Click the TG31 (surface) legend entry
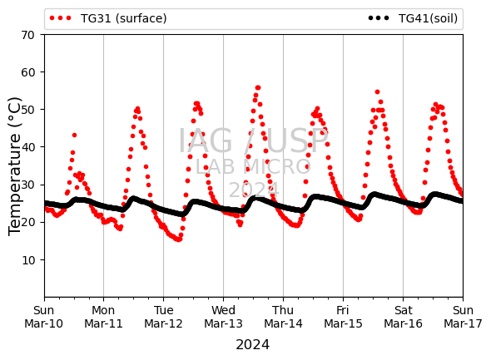[x=108, y=18]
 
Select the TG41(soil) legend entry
[x=413, y=18]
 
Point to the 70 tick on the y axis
[x=27, y=35]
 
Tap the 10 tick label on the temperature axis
[x=27, y=260]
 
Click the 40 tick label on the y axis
[x=27, y=147]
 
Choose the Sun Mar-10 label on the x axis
[x=44, y=317]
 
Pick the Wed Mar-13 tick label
[x=223, y=317]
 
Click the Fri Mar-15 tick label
[x=343, y=317]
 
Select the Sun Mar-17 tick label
[x=463, y=317]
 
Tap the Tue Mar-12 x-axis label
[x=163, y=317]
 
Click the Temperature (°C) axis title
[x=14, y=166]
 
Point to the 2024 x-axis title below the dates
[x=252, y=345]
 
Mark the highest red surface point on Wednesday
[x=258, y=88]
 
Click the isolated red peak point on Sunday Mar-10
[x=74, y=136]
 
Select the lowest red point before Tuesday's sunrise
[x=178, y=239]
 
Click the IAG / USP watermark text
[x=253, y=141]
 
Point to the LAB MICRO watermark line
[x=253, y=167]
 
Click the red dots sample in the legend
[x=61, y=18]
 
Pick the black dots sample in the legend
[x=379, y=18]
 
